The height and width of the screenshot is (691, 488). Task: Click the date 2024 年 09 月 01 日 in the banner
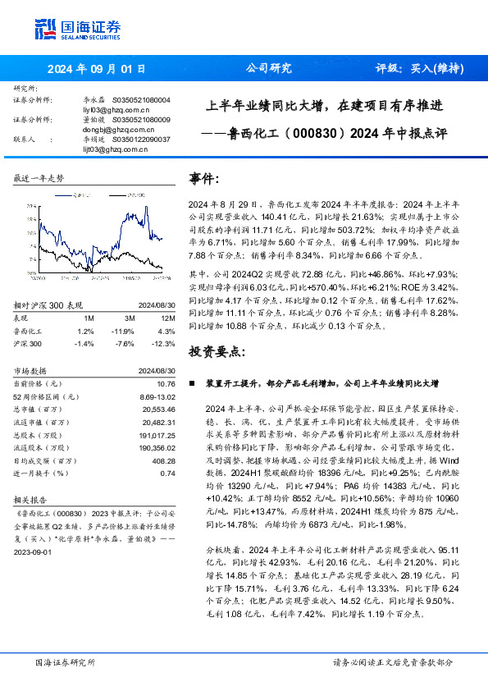click(97, 69)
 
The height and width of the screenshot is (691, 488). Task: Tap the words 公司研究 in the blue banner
click(268, 69)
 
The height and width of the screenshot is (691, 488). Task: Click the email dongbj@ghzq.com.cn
click(116, 130)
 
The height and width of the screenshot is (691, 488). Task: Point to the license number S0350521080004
click(142, 99)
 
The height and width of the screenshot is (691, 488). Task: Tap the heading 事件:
click(204, 179)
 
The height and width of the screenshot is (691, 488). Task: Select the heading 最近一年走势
click(39, 178)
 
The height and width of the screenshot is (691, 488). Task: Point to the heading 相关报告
click(33, 498)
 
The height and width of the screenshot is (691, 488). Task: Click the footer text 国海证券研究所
click(65, 662)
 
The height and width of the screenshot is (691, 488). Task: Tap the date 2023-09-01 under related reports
click(33, 552)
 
